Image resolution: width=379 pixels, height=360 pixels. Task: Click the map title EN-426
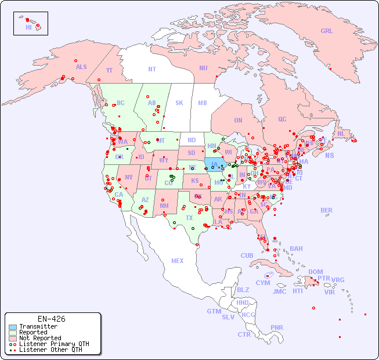click(x=51, y=319)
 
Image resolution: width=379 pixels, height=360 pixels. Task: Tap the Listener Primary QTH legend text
click(x=54, y=344)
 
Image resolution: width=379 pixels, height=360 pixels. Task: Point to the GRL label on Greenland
click(x=327, y=31)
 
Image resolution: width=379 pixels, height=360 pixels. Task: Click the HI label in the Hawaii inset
click(x=28, y=27)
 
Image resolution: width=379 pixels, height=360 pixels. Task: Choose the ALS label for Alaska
click(x=81, y=67)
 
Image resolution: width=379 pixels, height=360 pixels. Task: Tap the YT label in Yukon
click(x=109, y=70)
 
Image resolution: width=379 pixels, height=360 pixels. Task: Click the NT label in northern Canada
click(x=152, y=69)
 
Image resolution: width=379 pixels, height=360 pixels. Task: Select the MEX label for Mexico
click(x=178, y=261)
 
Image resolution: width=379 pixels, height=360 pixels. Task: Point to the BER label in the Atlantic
click(x=327, y=210)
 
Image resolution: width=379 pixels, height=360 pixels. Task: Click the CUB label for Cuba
click(x=247, y=255)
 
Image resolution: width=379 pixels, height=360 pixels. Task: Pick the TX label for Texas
click(x=189, y=218)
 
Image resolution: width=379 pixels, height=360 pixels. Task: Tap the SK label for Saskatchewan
click(x=179, y=103)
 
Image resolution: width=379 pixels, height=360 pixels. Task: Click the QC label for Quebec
click(x=282, y=120)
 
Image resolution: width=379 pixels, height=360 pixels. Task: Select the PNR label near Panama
click(x=277, y=327)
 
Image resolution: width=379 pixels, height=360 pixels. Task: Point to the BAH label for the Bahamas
click(x=296, y=249)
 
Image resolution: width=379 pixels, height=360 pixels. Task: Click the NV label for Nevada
click(x=128, y=177)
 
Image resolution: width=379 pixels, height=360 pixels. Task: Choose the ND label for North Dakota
click(x=192, y=140)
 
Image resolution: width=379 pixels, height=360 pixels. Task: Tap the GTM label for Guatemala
click(x=214, y=311)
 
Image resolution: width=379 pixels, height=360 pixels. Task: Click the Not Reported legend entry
click(x=40, y=338)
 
